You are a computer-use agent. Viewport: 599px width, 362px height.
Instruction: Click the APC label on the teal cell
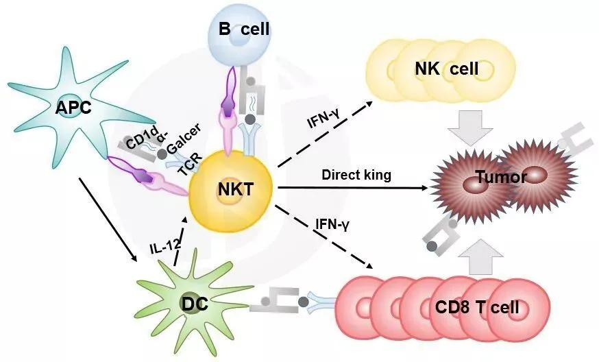75,106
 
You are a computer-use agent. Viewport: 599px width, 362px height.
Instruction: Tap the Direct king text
356,175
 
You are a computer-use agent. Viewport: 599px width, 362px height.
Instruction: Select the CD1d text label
138,141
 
